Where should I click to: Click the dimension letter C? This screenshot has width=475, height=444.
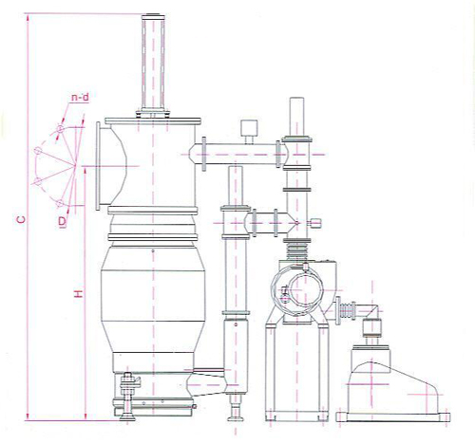coord(21,219)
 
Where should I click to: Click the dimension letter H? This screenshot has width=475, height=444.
coord(78,294)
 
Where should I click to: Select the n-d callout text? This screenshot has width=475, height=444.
coord(80,98)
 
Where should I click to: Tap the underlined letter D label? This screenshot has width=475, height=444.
coord(63,221)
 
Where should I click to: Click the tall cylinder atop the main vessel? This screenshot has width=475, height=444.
coord(153,63)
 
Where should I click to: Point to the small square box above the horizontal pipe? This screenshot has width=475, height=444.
coord(249,128)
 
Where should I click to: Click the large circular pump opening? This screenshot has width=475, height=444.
coord(306,290)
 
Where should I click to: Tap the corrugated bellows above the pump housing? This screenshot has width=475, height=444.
coord(296,249)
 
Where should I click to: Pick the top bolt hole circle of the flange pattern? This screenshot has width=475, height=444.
coord(60,129)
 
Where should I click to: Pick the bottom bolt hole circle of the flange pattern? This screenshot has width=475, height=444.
coord(60,203)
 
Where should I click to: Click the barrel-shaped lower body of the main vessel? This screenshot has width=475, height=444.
coord(153,299)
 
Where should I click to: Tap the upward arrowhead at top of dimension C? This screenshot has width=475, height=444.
coord(28,18)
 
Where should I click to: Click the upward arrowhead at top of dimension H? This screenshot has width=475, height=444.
coord(85,171)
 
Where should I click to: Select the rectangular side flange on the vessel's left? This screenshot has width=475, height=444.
coord(99,166)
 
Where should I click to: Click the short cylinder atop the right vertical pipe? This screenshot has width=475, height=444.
coord(296,117)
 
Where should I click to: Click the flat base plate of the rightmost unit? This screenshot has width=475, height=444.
coord(393,416)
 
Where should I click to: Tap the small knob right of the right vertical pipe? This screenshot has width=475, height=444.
coord(314,223)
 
